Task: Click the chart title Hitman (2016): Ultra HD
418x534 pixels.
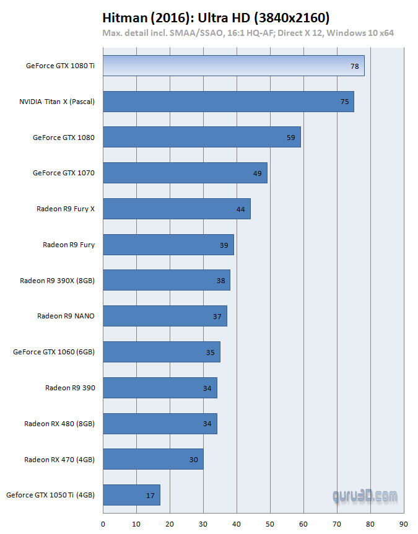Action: [216, 18]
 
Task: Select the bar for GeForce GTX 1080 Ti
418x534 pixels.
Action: [233, 66]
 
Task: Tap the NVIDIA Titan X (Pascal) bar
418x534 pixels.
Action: [228, 102]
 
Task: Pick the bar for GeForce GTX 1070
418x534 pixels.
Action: [185, 173]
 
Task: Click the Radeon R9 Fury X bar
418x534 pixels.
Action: [176, 209]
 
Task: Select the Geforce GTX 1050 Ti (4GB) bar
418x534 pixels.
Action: [131, 495]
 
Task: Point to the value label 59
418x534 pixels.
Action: [290, 138]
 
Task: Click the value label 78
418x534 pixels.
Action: [354, 66]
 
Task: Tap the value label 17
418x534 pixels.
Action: [150, 495]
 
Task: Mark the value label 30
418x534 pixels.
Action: [194, 460]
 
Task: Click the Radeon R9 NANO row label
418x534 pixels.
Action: [66, 316]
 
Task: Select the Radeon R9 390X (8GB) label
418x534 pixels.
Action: [57, 281]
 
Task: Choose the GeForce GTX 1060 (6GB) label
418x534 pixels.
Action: [54, 352]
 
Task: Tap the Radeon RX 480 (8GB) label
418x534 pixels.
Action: [59, 424]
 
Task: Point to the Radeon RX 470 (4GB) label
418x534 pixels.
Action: [59, 460]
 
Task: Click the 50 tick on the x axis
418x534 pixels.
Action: [270, 523]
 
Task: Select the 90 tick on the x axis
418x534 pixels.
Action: [404, 523]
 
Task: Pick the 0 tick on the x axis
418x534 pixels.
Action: [103, 523]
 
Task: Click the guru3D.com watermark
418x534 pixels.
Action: [365, 497]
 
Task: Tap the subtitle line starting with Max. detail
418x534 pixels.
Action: [248, 33]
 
